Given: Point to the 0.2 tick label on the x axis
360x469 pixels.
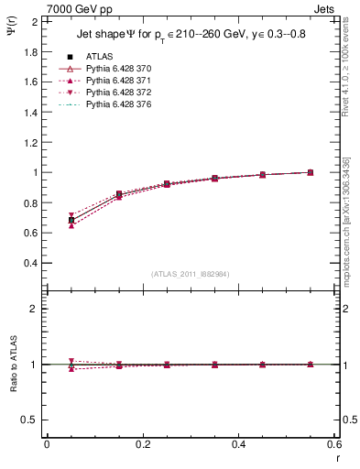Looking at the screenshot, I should point(142,444).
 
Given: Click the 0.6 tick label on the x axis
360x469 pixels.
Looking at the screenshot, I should point(334,444).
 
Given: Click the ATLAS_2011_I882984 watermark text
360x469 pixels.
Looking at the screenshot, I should point(191,273).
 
